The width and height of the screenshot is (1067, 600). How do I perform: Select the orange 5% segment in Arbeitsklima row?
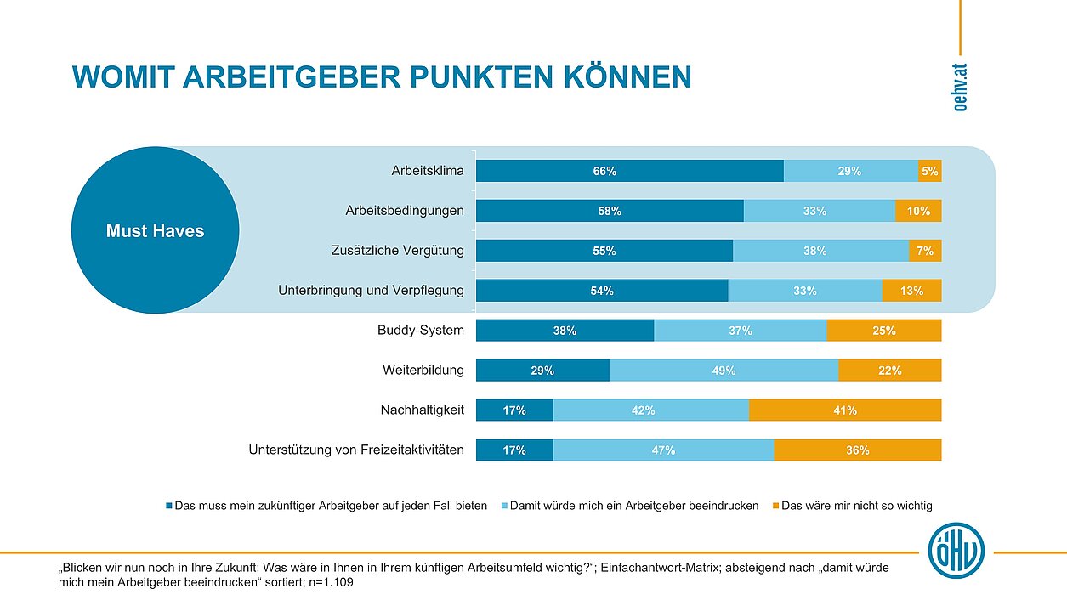[x=929, y=171]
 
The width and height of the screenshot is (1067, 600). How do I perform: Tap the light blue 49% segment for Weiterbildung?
[x=724, y=371]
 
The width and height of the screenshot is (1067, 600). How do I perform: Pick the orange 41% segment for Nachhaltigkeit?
[x=845, y=410]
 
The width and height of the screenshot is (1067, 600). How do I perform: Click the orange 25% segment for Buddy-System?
[x=883, y=331]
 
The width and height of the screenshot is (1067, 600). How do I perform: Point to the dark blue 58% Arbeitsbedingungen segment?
[x=610, y=211]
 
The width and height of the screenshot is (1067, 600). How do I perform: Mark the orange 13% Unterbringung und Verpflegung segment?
[x=911, y=291]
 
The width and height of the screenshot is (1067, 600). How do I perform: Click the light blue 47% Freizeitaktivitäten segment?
[x=663, y=450]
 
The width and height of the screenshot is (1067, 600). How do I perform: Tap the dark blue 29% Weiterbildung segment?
[x=542, y=371]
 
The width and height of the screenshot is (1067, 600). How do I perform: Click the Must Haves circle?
[x=155, y=230]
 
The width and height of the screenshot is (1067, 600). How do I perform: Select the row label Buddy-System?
[x=420, y=331]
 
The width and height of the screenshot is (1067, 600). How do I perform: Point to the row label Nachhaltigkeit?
[x=422, y=410]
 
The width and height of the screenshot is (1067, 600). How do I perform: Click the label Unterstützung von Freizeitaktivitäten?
[x=356, y=450]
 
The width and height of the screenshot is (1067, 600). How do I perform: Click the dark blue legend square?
[x=168, y=506]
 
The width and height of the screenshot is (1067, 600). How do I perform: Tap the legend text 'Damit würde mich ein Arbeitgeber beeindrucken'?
[x=636, y=506]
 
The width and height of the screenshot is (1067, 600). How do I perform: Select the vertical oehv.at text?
[x=960, y=86]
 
